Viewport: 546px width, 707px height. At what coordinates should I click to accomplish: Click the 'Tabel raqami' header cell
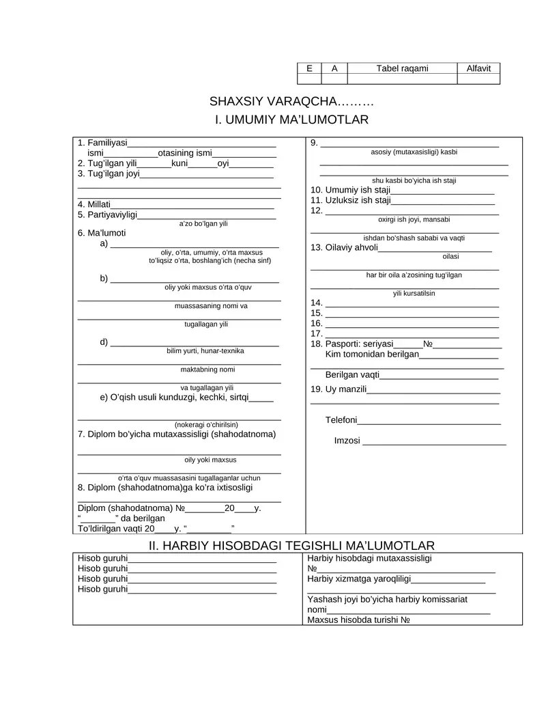(402, 68)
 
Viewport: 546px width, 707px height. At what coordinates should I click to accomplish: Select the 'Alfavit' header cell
(478, 68)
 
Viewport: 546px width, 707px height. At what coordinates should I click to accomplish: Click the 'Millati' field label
(94, 204)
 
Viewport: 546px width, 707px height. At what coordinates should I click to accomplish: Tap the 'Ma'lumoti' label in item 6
(102, 233)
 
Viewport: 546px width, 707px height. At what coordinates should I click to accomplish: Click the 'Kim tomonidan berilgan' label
(372, 355)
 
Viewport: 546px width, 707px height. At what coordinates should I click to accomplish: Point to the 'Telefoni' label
(341, 419)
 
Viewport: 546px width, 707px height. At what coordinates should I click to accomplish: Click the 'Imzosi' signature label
(347, 441)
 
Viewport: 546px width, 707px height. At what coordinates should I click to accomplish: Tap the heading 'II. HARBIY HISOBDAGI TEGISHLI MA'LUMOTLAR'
(291, 545)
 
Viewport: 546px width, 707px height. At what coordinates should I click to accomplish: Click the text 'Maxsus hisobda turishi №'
(358, 620)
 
